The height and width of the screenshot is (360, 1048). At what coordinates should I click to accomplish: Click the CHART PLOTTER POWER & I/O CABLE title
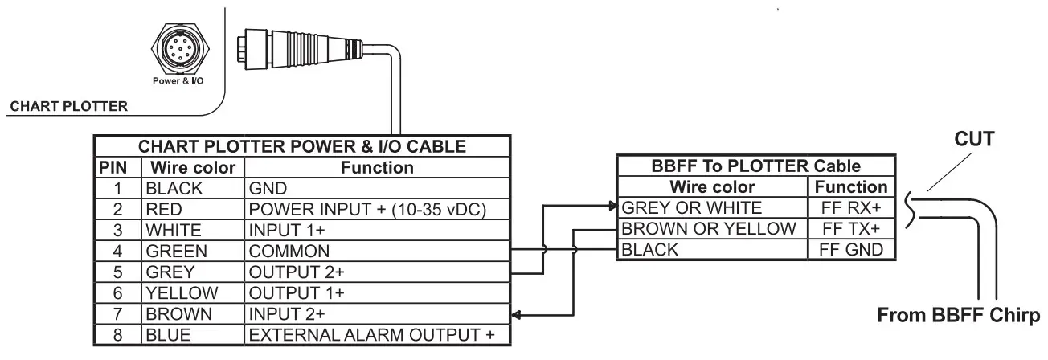302,147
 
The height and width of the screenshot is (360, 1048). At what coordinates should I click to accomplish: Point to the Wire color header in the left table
193,168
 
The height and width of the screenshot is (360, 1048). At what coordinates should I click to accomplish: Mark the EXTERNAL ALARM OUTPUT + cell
372,333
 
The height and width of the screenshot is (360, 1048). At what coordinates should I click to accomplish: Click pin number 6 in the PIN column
117,292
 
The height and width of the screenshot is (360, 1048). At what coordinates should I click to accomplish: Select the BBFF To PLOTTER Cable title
755,167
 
